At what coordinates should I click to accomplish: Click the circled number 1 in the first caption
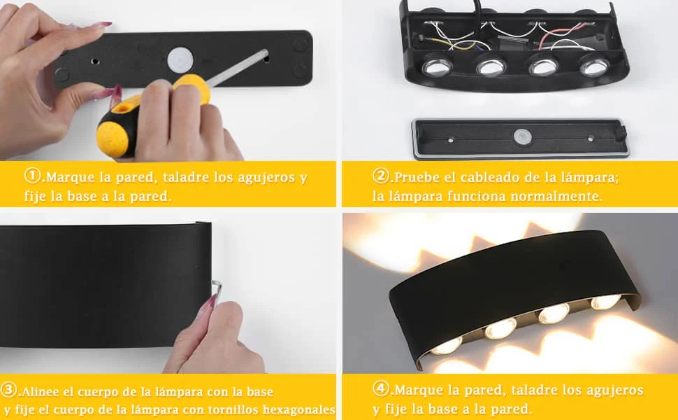(x=32, y=176)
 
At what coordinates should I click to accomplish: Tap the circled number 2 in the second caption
(x=380, y=176)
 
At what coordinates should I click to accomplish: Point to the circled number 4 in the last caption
(x=380, y=388)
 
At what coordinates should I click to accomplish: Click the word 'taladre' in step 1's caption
(x=187, y=177)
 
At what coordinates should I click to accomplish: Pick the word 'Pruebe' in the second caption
(x=417, y=177)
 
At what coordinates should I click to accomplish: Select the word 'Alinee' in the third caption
(x=41, y=392)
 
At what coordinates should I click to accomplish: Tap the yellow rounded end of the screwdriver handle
(x=112, y=139)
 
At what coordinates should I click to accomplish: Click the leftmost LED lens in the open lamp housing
(x=437, y=66)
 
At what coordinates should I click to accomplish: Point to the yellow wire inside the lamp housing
(x=449, y=43)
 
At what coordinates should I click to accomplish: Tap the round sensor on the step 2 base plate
(x=523, y=137)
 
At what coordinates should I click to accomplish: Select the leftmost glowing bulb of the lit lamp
(x=447, y=346)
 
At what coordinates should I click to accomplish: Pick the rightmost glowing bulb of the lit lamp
(x=605, y=302)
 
